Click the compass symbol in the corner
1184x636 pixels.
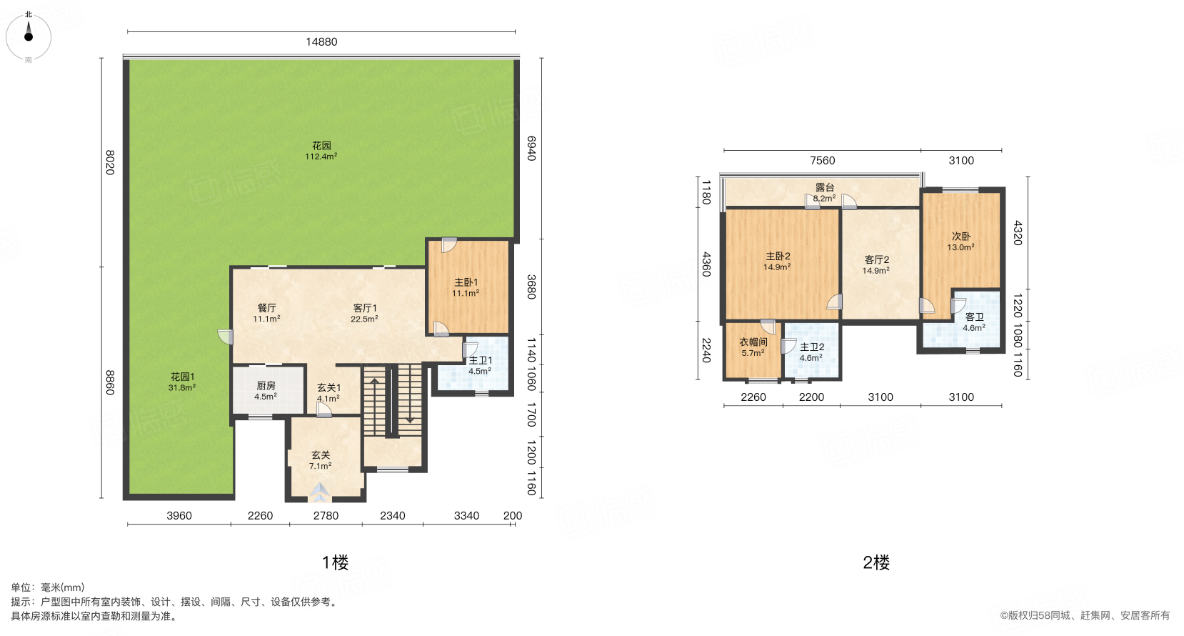(29, 37)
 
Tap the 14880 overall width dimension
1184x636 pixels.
(321, 41)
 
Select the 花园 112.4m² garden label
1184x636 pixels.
(321, 151)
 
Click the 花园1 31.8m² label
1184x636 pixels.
(182, 382)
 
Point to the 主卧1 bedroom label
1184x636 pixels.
(466, 288)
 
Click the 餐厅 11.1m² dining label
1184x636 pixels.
(266, 313)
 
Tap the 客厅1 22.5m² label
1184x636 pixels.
(365, 313)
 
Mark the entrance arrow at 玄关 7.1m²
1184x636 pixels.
(321, 492)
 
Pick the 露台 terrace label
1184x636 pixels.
(825, 193)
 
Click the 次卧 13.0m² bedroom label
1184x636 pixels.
(961, 242)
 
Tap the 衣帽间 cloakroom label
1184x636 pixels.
(753, 347)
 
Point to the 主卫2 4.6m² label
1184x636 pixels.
(811, 352)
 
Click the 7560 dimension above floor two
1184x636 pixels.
(823, 160)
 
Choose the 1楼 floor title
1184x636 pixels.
(336, 562)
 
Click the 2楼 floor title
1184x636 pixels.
(876, 562)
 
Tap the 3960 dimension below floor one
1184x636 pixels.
(179, 516)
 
